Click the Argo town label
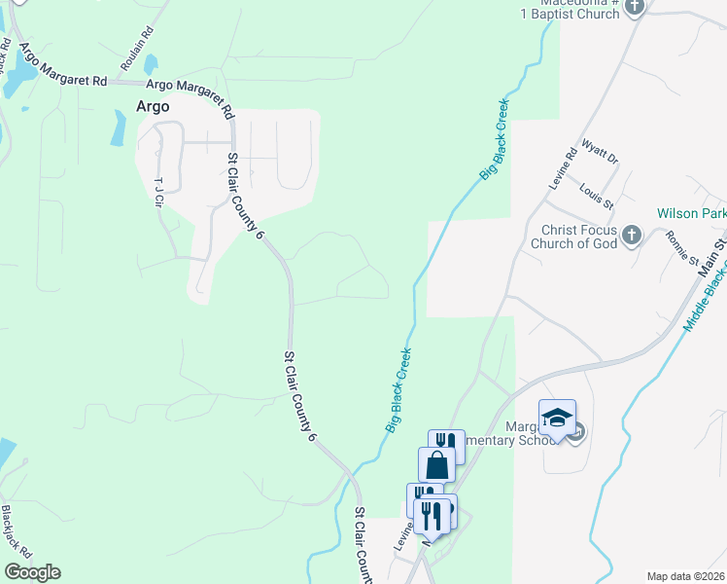(x=154, y=107)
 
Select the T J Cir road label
(x=158, y=192)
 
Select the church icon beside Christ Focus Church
(x=632, y=235)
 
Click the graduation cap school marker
(x=558, y=418)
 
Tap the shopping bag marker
(x=436, y=464)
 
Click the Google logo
(x=32, y=572)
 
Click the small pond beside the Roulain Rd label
(x=151, y=65)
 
